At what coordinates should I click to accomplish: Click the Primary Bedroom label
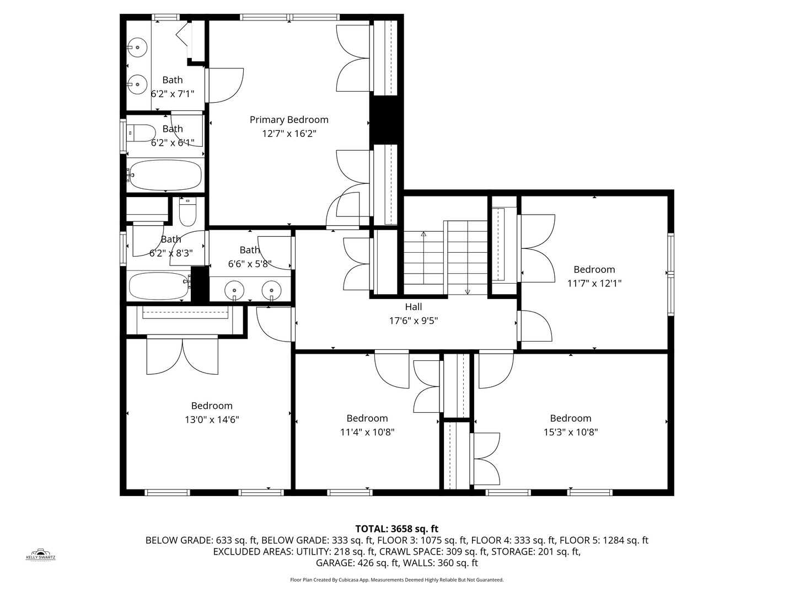pyautogui.click(x=289, y=120)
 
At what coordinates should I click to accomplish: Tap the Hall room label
pyautogui.click(x=414, y=307)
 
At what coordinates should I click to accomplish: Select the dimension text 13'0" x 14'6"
pyautogui.click(x=212, y=420)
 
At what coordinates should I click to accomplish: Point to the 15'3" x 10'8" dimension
pyautogui.click(x=571, y=432)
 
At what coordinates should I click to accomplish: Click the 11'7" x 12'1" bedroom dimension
pyautogui.click(x=594, y=283)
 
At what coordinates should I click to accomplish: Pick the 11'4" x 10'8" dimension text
pyautogui.click(x=367, y=432)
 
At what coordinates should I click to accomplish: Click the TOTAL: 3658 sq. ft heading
pyautogui.click(x=397, y=529)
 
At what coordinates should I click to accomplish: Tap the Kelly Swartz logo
pyautogui.click(x=40, y=555)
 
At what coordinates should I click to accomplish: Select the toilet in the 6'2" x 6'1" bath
pyautogui.click(x=141, y=133)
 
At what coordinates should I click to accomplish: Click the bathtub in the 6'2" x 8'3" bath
pyautogui.click(x=160, y=286)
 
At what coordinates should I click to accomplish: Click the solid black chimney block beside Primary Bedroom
pyautogui.click(x=387, y=120)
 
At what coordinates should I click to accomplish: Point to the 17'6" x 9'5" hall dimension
pyautogui.click(x=414, y=321)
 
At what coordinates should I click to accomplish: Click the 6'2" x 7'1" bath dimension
pyautogui.click(x=173, y=94)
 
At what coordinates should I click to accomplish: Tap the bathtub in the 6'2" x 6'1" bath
pyautogui.click(x=165, y=175)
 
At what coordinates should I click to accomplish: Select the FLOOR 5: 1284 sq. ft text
pyautogui.click(x=604, y=541)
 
